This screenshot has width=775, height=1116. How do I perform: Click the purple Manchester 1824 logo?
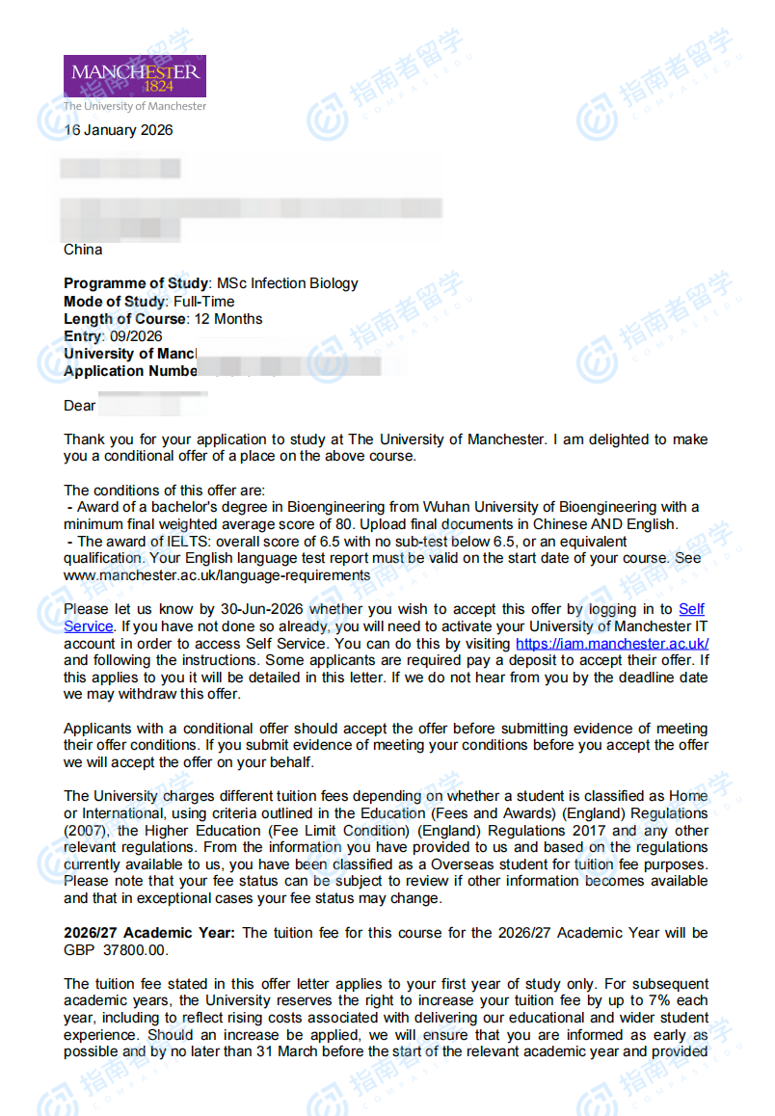point(134,76)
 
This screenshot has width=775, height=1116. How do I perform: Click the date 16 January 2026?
point(119,130)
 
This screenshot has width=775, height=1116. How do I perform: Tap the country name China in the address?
point(83,250)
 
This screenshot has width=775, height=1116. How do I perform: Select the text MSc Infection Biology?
point(287,283)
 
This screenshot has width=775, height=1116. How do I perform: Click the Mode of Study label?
point(116,302)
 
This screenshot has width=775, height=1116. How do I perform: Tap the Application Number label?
point(130,371)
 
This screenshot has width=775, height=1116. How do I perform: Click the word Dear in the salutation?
point(80,406)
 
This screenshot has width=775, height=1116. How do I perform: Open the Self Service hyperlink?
point(691,609)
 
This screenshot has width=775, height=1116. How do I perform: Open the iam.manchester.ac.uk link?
point(612,644)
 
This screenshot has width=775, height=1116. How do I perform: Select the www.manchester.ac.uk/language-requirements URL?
point(217,575)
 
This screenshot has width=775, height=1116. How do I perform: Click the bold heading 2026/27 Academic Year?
point(149,933)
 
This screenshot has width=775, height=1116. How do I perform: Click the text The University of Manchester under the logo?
point(135,106)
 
